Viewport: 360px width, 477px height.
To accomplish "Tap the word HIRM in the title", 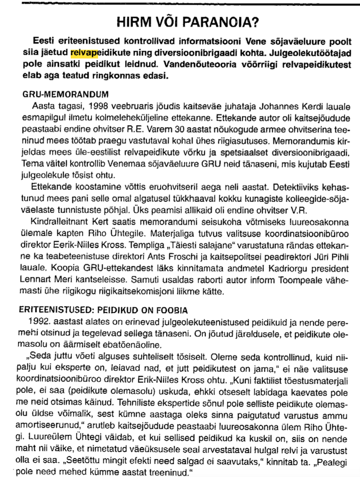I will [x=130, y=24].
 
